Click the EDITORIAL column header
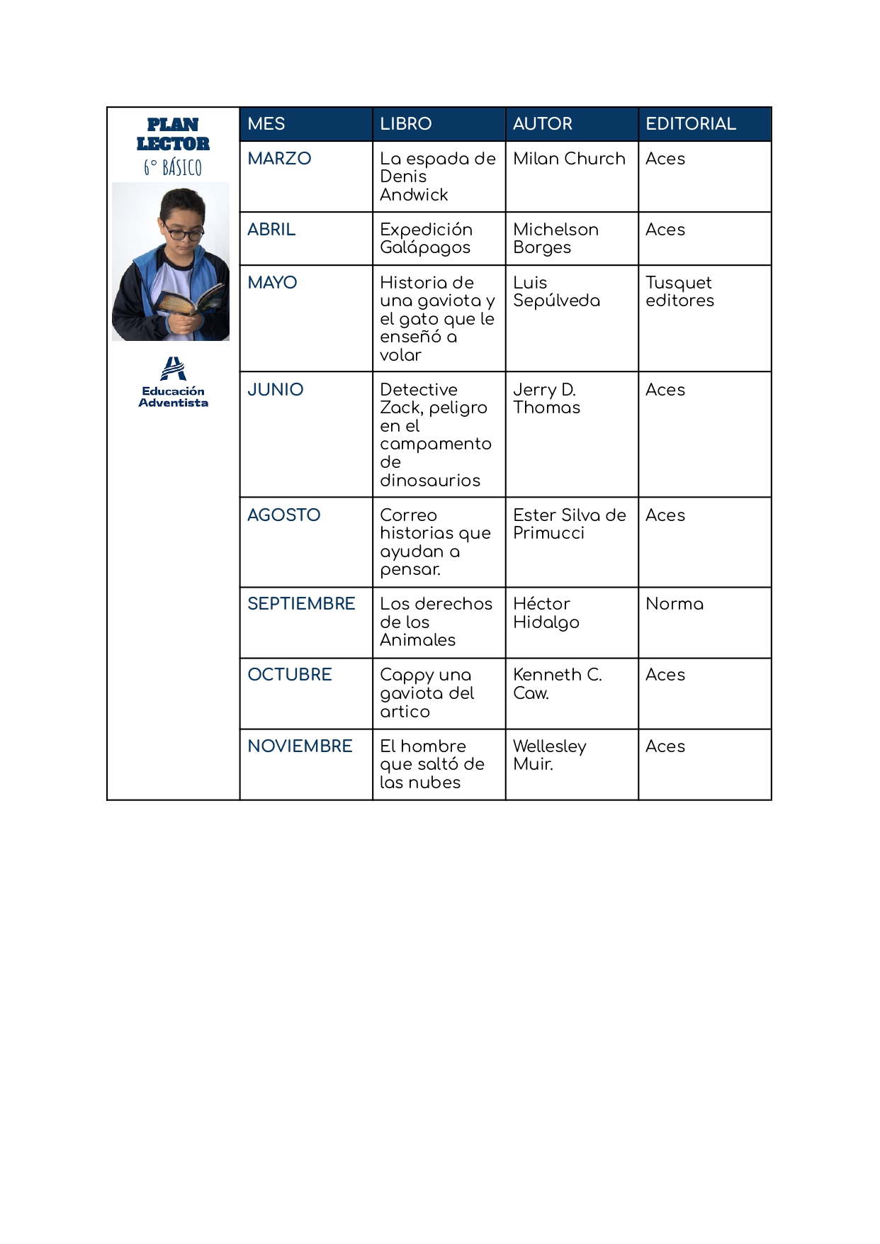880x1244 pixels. [x=690, y=124]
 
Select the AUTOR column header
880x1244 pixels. [x=542, y=124]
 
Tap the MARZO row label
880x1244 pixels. [x=279, y=159]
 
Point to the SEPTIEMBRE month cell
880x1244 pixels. [x=301, y=604]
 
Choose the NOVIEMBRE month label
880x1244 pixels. [x=300, y=746]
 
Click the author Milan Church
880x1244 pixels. [x=569, y=159]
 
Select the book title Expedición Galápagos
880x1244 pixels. [x=426, y=238]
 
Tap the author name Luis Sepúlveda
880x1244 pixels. [x=556, y=291]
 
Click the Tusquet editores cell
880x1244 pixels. [x=679, y=291]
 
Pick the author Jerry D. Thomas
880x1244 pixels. [x=546, y=398]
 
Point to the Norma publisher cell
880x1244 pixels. [x=675, y=604]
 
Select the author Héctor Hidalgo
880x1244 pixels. [x=546, y=613]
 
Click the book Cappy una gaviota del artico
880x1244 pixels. [x=427, y=693]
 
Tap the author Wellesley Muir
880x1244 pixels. [x=549, y=755]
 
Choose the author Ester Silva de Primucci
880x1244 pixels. [x=569, y=524]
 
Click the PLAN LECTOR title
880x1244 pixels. [x=173, y=134]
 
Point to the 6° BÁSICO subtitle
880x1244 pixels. [x=173, y=168]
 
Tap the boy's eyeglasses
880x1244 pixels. [x=182, y=232]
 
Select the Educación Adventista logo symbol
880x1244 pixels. [x=173, y=369]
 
